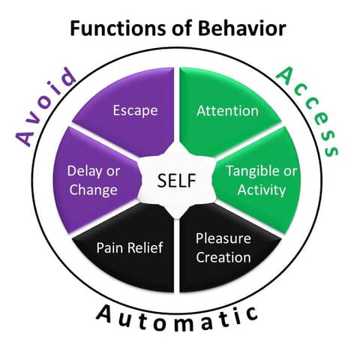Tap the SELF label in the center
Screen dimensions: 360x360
[x=179, y=181]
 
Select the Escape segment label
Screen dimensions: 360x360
[x=135, y=111]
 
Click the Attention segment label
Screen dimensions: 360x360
[x=227, y=111]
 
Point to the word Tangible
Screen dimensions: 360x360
[x=254, y=171]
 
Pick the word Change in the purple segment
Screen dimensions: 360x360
[x=92, y=189]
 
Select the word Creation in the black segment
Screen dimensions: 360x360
[x=223, y=257]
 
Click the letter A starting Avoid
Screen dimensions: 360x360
[x=25, y=136]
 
